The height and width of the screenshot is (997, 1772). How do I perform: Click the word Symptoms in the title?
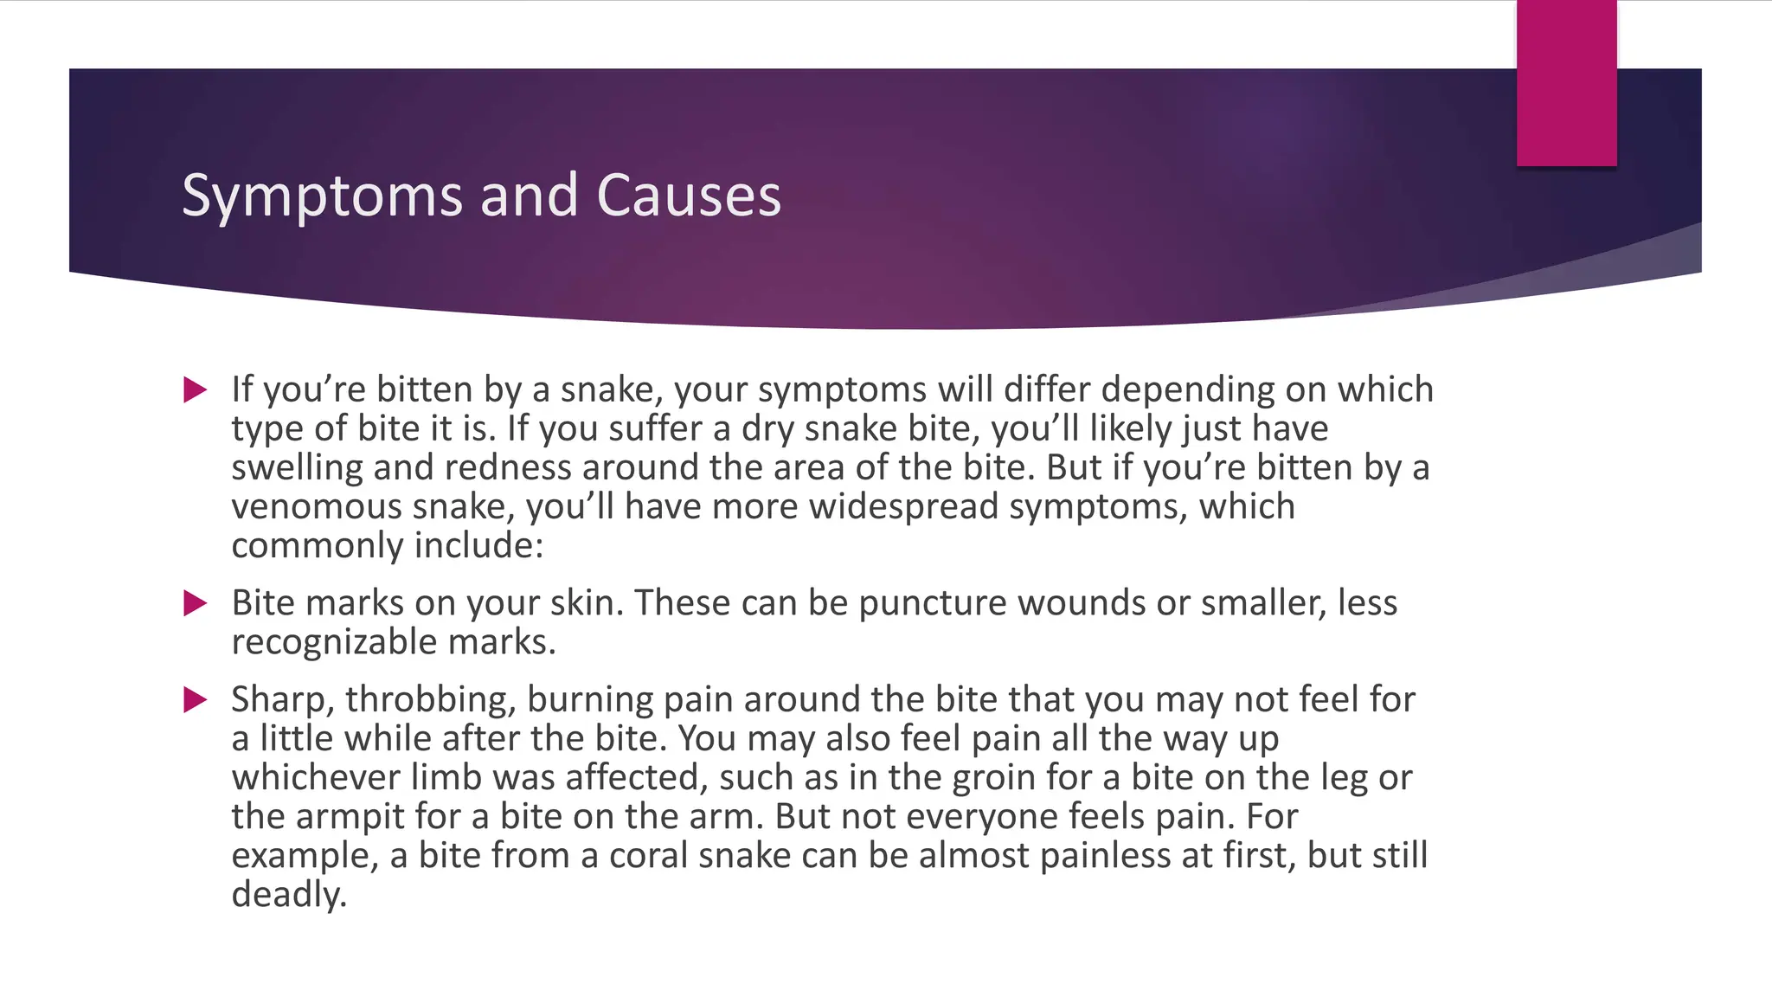pyautogui.click(x=323, y=196)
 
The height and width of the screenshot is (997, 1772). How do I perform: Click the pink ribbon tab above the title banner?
pyautogui.click(x=1566, y=83)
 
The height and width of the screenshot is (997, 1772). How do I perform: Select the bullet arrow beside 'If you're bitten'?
pyautogui.click(x=196, y=390)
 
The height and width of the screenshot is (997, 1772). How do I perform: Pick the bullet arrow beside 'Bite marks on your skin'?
pyautogui.click(x=196, y=603)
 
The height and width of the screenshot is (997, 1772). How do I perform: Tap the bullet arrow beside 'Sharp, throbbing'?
pyautogui.click(x=196, y=699)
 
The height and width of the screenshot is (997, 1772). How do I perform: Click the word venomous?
pyautogui.click(x=317, y=506)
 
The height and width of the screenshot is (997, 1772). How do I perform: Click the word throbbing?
pyautogui.click(x=430, y=699)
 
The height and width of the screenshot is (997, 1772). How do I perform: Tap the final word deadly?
pyautogui.click(x=288, y=894)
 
